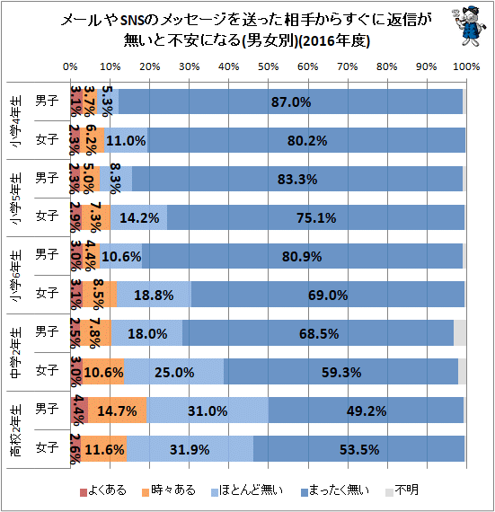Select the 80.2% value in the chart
click(308, 140)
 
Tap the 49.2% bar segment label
click(366, 410)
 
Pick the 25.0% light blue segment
click(174, 371)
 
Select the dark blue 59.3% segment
click(340, 371)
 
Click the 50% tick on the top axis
click(267, 67)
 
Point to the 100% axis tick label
click(464, 67)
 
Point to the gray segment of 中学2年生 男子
click(460, 332)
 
